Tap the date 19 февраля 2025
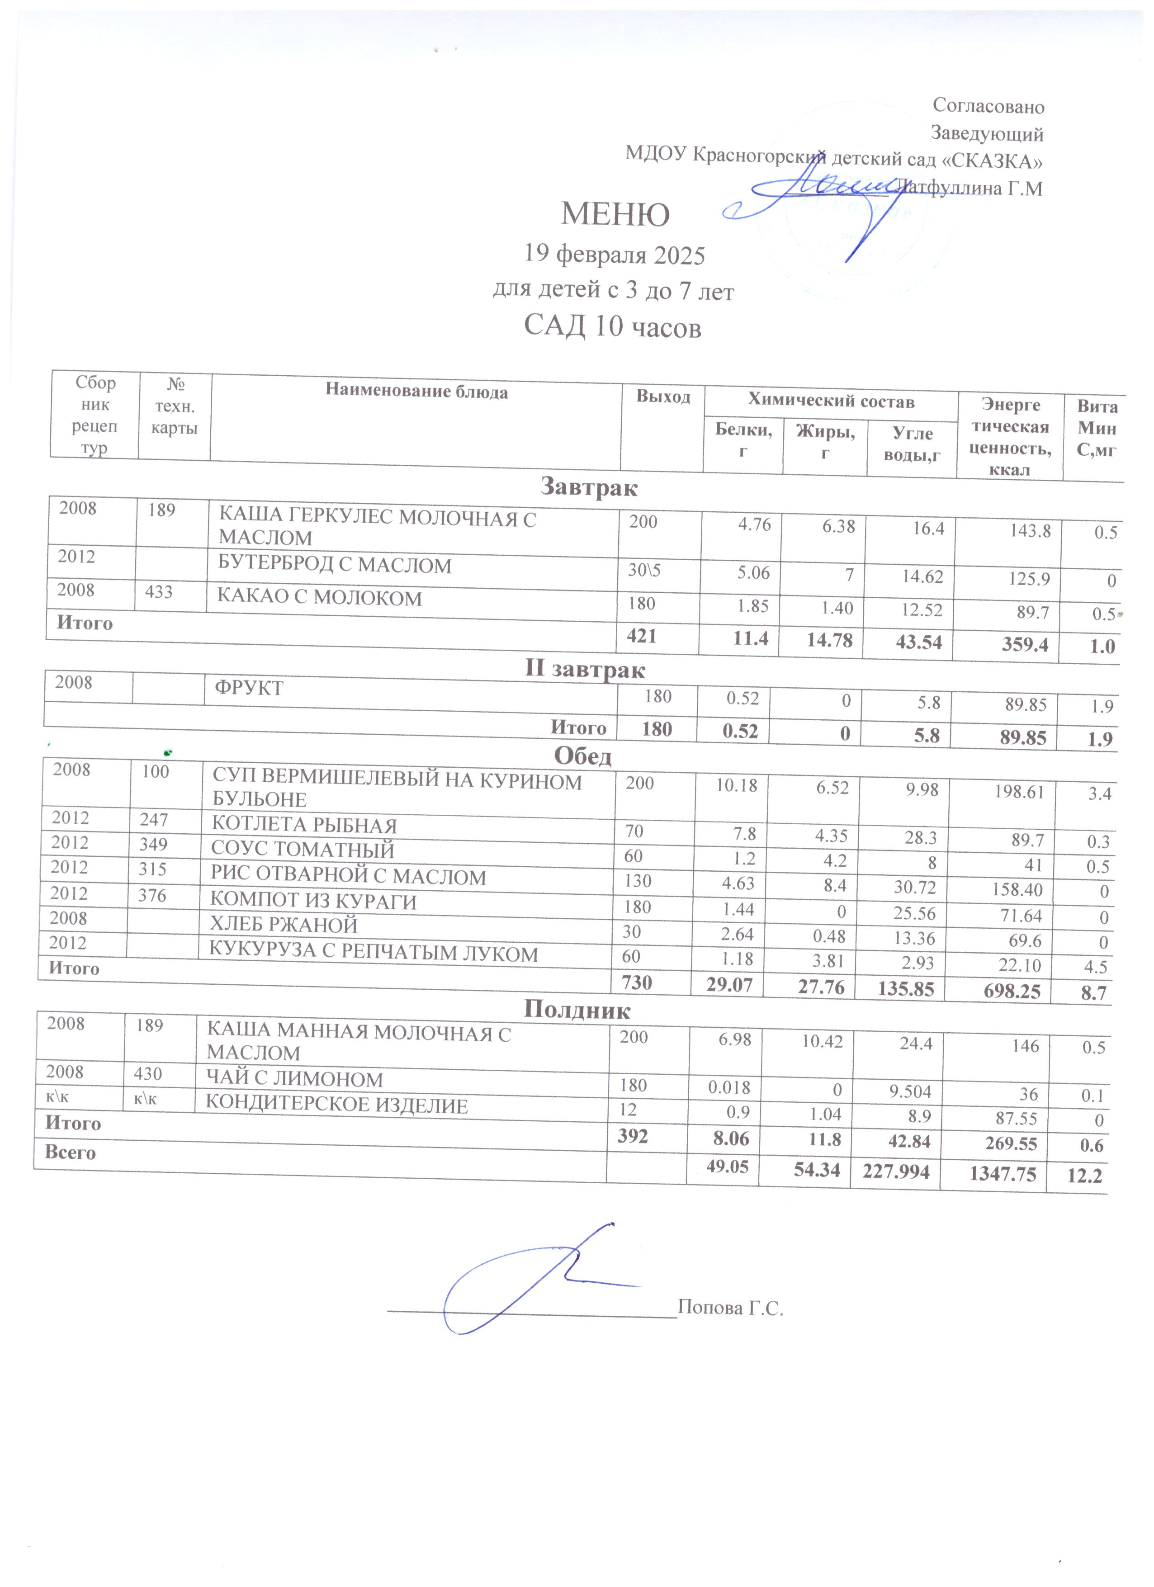(x=615, y=255)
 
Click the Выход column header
(x=663, y=397)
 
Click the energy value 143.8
(x=1030, y=530)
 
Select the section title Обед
(x=582, y=756)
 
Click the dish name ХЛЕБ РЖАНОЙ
(x=284, y=925)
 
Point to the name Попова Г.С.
(x=730, y=1307)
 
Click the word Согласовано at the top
(x=988, y=106)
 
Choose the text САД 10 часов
(x=612, y=327)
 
